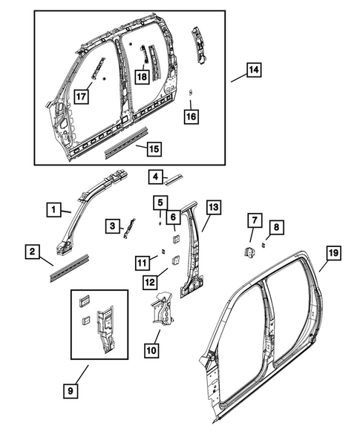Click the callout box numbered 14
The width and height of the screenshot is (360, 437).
tap(254, 70)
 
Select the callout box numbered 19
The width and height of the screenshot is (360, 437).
tap(333, 254)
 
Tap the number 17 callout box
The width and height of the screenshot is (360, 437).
tap(82, 94)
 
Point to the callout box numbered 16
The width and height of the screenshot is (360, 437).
tap(191, 116)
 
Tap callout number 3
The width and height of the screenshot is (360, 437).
tap(112, 226)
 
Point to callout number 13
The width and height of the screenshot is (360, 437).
tap(214, 208)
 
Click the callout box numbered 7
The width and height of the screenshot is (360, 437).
tap(255, 220)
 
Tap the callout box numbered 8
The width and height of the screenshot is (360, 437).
tap(276, 226)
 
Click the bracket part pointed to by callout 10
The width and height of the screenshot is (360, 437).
tap(161, 312)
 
